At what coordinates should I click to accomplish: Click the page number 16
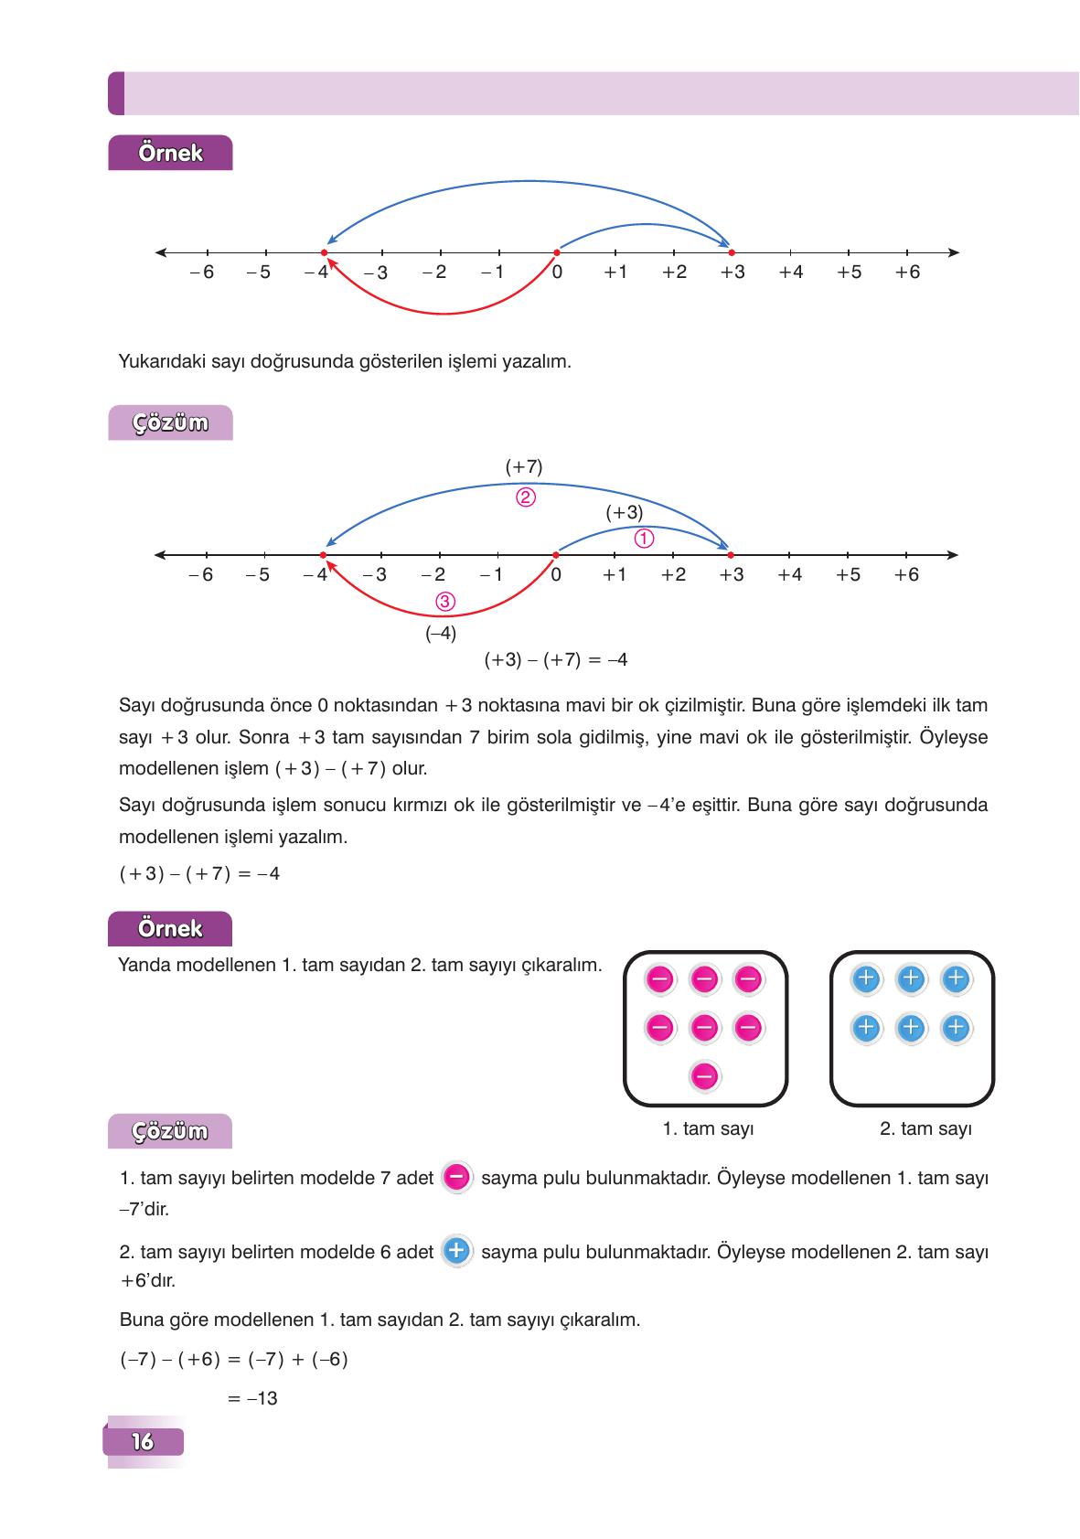144,1442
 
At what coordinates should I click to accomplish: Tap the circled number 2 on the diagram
525,498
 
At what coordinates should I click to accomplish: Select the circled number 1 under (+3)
643,539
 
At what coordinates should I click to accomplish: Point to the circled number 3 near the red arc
445,602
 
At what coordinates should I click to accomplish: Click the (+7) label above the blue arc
524,466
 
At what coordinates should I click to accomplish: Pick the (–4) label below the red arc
441,633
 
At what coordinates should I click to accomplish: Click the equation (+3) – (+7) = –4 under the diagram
555,659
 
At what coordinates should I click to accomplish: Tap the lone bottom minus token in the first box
704,1076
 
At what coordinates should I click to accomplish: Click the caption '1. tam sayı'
708,1128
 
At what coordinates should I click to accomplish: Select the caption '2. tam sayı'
925,1128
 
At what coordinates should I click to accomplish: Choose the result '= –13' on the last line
252,1398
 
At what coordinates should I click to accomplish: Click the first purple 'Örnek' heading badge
170,153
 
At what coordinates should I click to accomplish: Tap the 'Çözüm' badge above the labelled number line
170,423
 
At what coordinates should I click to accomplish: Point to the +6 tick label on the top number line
907,273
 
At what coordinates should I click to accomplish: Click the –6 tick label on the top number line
202,273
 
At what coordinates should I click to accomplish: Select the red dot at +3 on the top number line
731,252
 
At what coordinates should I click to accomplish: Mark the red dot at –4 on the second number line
323,555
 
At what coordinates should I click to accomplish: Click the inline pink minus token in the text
456,1177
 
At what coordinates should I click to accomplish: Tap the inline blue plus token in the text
456,1250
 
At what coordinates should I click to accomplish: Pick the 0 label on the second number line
556,575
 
